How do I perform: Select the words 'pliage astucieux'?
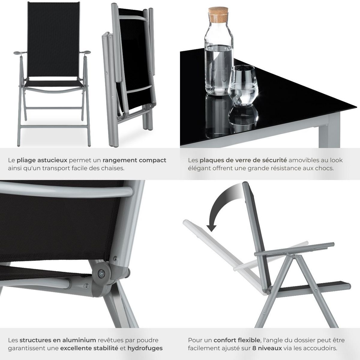(x=42, y=160)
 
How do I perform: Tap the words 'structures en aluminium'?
(x=58, y=340)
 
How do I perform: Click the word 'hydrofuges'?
(x=145, y=348)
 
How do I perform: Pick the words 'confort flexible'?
(x=237, y=340)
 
